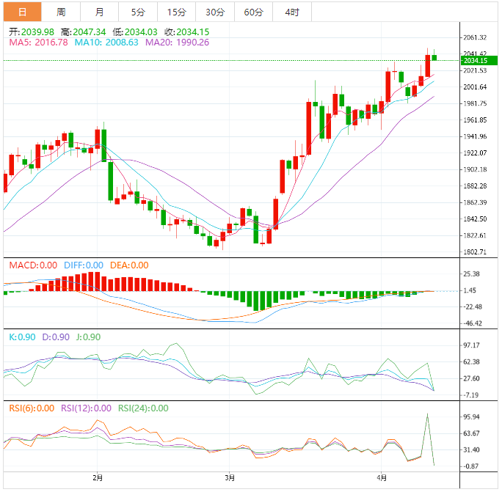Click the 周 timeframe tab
(61, 12)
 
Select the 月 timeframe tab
(99, 12)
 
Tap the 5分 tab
(138, 12)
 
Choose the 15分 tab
(176, 12)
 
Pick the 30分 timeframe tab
(215, 12)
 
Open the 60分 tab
(253, 12)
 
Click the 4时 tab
(291, 12)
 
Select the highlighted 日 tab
(23, 12)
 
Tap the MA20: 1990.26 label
(177, 43)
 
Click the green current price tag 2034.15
(476, 60)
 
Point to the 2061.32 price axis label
(476, 37)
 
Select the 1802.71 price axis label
(476, 252)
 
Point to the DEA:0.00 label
(128, 265)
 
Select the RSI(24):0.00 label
(143, 408)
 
